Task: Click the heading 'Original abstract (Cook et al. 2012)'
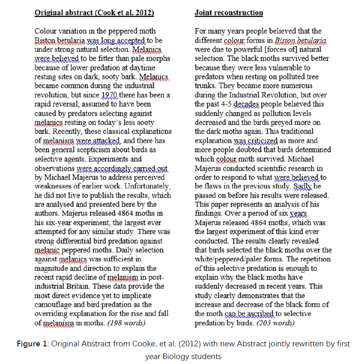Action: (x=94, y=13)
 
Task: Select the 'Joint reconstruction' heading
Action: (x=229, y=13)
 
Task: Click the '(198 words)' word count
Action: (x=126, y=323)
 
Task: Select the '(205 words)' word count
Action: (x=275, y=323)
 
